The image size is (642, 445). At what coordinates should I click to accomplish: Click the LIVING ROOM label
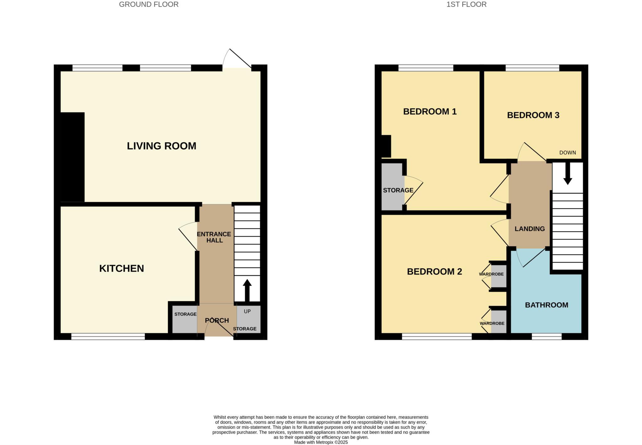click(x=161, y=146)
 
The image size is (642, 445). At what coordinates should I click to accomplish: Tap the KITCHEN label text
click(x=122, y=269)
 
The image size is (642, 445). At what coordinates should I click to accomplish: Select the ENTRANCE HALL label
click(x=214, y=237)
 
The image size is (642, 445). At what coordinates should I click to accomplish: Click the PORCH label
click(x=217, y=320)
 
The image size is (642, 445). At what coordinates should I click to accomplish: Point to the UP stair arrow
click(x=247, y=290)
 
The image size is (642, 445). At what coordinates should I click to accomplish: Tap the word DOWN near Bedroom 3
click(x=567, y=153)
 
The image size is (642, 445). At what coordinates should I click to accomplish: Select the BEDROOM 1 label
click(x=429, y=111)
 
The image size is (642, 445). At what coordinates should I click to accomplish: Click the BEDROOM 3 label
click(x=533, y=115)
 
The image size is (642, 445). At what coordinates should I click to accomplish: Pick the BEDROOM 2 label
click(x=434, y=271)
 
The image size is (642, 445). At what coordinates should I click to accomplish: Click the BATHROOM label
click(x=546, y=305)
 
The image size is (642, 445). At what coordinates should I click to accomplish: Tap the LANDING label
click(x=529, y=229)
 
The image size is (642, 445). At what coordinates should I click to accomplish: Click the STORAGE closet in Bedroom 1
click(x=392, y=190)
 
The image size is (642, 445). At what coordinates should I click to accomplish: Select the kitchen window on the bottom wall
click(x=108, y=337)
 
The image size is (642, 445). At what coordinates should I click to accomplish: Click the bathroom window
click(x=546, y=337)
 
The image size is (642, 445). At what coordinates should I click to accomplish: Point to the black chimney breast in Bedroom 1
click(x=386, y=146)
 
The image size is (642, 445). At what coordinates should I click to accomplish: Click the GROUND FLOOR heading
click(x=149, y=4)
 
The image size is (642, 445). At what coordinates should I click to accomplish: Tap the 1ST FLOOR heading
click(x=466, y=4)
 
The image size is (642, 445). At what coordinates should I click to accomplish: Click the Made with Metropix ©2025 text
click(x=321, y=442)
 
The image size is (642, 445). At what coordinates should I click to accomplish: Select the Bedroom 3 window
click(x=532, y=68)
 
